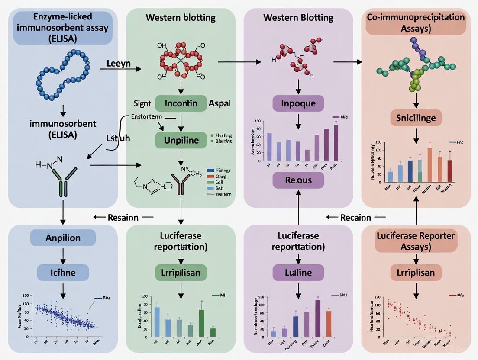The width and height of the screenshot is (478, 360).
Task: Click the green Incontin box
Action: pyautogui.click(x=181, y=104)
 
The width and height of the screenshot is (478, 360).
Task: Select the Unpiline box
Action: pyautogui.click(x=181, y=140)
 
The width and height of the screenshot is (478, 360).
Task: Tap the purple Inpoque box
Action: pyautogui.click(x=298, y=104)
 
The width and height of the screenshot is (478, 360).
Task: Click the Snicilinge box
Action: pyautogui.click(x=416, y=117)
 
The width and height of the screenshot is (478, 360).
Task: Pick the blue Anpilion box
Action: pyautogui.click(x=63, y=238)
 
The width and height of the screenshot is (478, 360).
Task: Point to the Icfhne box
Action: pyautogui.click(x=63, y=273)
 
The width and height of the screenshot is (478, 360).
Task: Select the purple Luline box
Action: pyautogui.click(x=298, y=273)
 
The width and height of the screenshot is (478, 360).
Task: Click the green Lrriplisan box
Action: pyautogui.click(x=181, y=273)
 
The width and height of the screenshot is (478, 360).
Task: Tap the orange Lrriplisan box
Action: pyautogui.click(x=416, y=273)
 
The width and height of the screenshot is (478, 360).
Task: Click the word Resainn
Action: pyautogui.click(x=123, y=218)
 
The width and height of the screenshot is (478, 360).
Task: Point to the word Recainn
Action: pyautogui.click(x=355, y=218)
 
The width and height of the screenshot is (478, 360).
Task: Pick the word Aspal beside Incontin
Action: pyautogui.click(x=220, y=104)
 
